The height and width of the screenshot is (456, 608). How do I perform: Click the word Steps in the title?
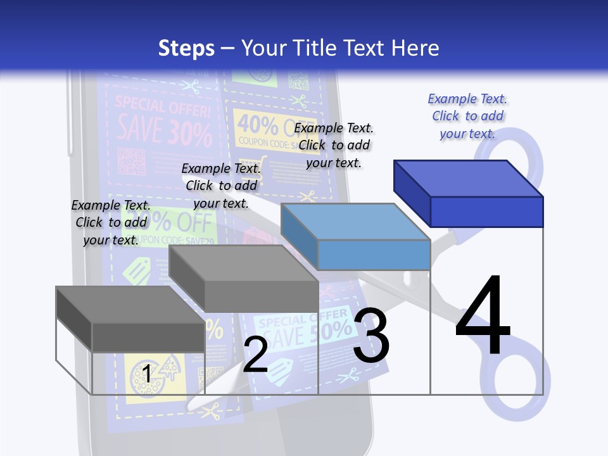pyautogui.click(x=186, y=48)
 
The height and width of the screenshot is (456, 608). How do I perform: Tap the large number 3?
pyautogui.click(x=371, y=336)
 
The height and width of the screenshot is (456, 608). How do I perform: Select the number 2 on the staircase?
pyautogui.click(x=255, y=355)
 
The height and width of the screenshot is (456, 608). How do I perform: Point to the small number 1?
pyautogui.click(x=146, y=374)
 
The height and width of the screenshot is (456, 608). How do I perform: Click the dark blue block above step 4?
pyautogui.click(x=469, y=193)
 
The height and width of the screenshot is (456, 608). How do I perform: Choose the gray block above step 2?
pyautogui.click(x=244, y=279)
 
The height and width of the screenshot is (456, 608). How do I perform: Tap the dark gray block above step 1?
pyautogui.click(x=130, y=319)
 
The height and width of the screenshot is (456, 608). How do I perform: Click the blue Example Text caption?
pyautogui.click(x=467, y=116)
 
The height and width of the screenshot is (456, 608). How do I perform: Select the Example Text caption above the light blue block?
pyautogui.click(x=334, y=145)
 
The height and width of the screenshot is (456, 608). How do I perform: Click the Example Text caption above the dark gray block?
pyautogui.click(x=111, y=222)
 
